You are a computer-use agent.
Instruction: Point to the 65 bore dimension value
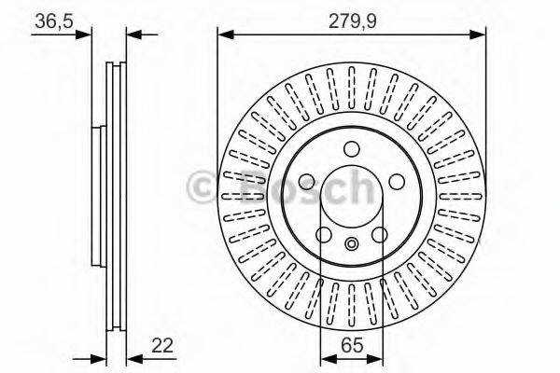tap(351, 346)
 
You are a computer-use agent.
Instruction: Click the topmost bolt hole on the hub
tap(351, 149)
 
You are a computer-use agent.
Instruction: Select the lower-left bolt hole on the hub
tap(326, 234)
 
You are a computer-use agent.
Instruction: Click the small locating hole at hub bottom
tap(351, 245)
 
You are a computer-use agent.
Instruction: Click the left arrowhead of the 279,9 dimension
tap(224, 35)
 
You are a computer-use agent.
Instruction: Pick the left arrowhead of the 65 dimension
tap(326, 358)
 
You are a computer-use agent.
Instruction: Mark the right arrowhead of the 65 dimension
tap(376, 358)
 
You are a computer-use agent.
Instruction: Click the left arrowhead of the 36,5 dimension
tap(87, 35)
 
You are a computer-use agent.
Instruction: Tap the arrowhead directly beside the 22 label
tap(133, 358)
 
